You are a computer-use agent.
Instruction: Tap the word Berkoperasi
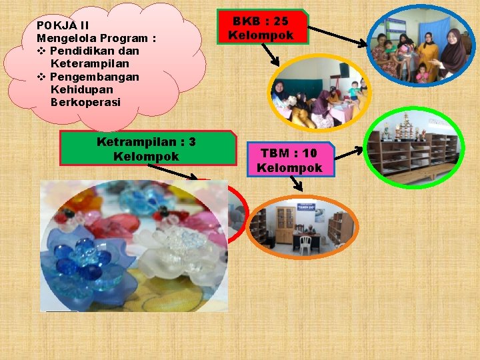(x=85, y=102)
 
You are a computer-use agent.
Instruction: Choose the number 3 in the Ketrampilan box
(x=192, y=142)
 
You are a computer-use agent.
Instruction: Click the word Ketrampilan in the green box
(x=136, y=142)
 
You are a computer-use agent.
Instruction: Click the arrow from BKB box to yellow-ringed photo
(x=273, y=56)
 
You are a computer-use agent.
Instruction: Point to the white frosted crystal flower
(x=177, y=250)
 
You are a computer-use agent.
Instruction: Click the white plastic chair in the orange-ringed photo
(x=305, y=244)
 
